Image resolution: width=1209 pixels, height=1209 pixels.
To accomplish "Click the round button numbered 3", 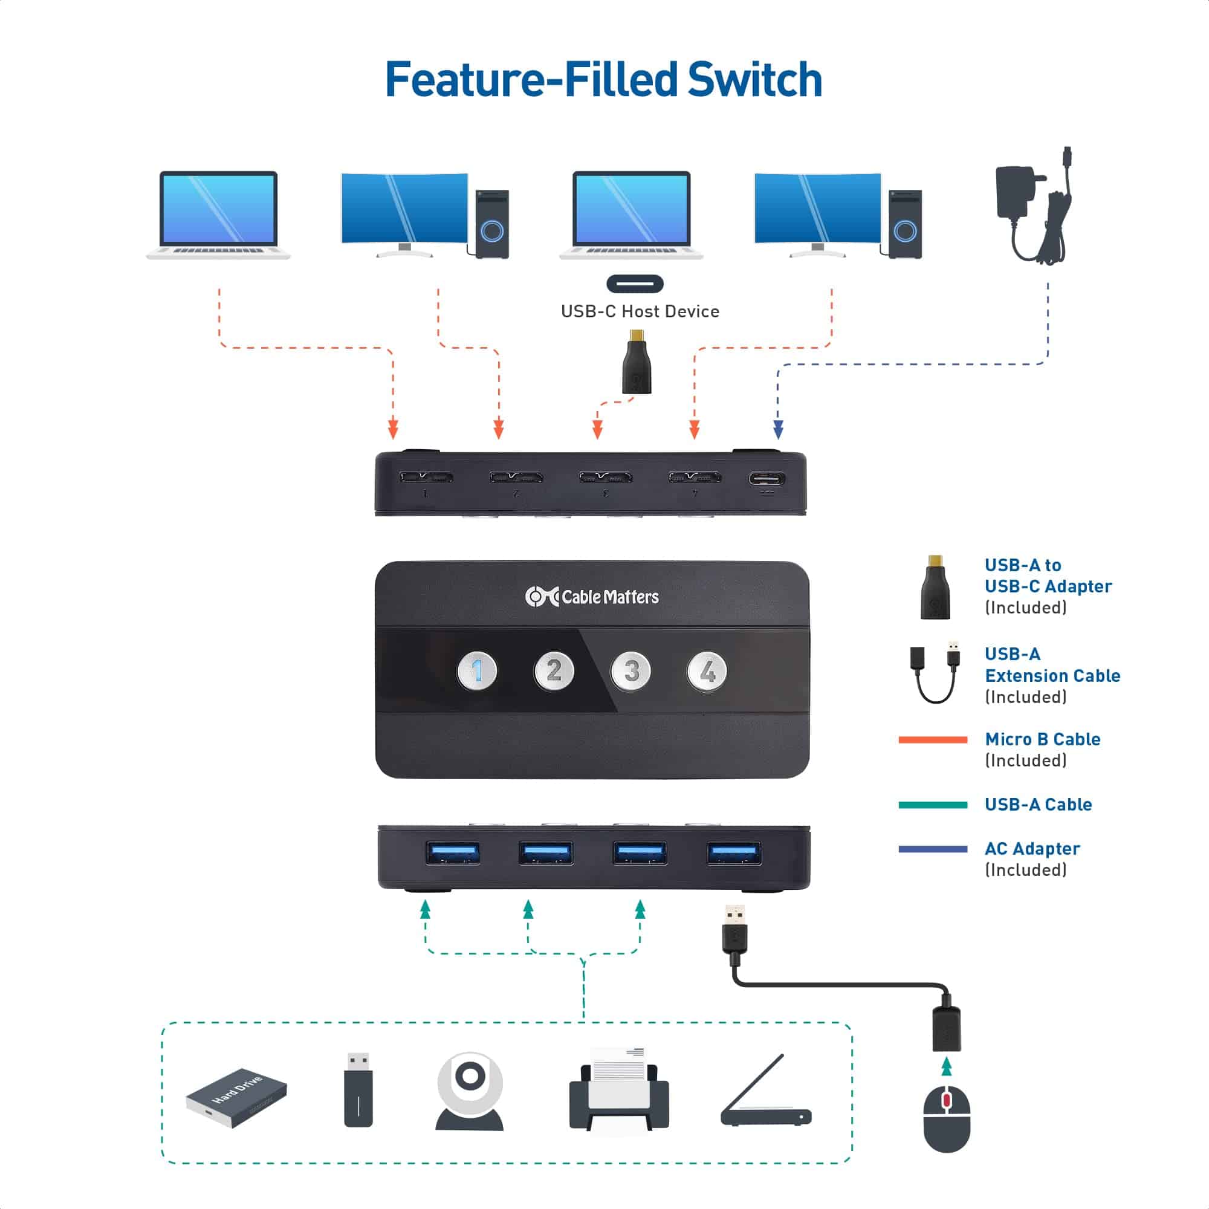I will (x=630, y=672).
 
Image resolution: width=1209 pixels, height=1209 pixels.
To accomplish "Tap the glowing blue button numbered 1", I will (x=478, y=671).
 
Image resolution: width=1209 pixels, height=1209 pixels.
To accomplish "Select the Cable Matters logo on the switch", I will (x=592, y=597).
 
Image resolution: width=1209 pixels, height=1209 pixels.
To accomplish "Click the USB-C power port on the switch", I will (x=767, y=479).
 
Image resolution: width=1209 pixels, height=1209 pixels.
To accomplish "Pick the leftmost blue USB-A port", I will (x=452, y=852).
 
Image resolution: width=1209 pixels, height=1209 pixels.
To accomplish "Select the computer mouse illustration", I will (x=947, y=1118).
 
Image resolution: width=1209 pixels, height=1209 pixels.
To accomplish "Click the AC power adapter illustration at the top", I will (x=1032, y=207).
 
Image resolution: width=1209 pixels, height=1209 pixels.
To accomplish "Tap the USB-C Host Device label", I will (x=640, y=312).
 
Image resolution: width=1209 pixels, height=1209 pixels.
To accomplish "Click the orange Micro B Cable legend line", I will (x=932, y=740).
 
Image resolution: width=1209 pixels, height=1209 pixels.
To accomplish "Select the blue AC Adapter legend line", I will (x=932, y=849).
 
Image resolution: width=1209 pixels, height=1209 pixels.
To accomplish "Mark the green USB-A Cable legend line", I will (x=932, y=805).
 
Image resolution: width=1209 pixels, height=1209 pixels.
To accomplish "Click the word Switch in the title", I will (x=754, y=80).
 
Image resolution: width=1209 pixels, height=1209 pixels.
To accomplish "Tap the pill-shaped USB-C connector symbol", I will (x=635, y=284).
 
